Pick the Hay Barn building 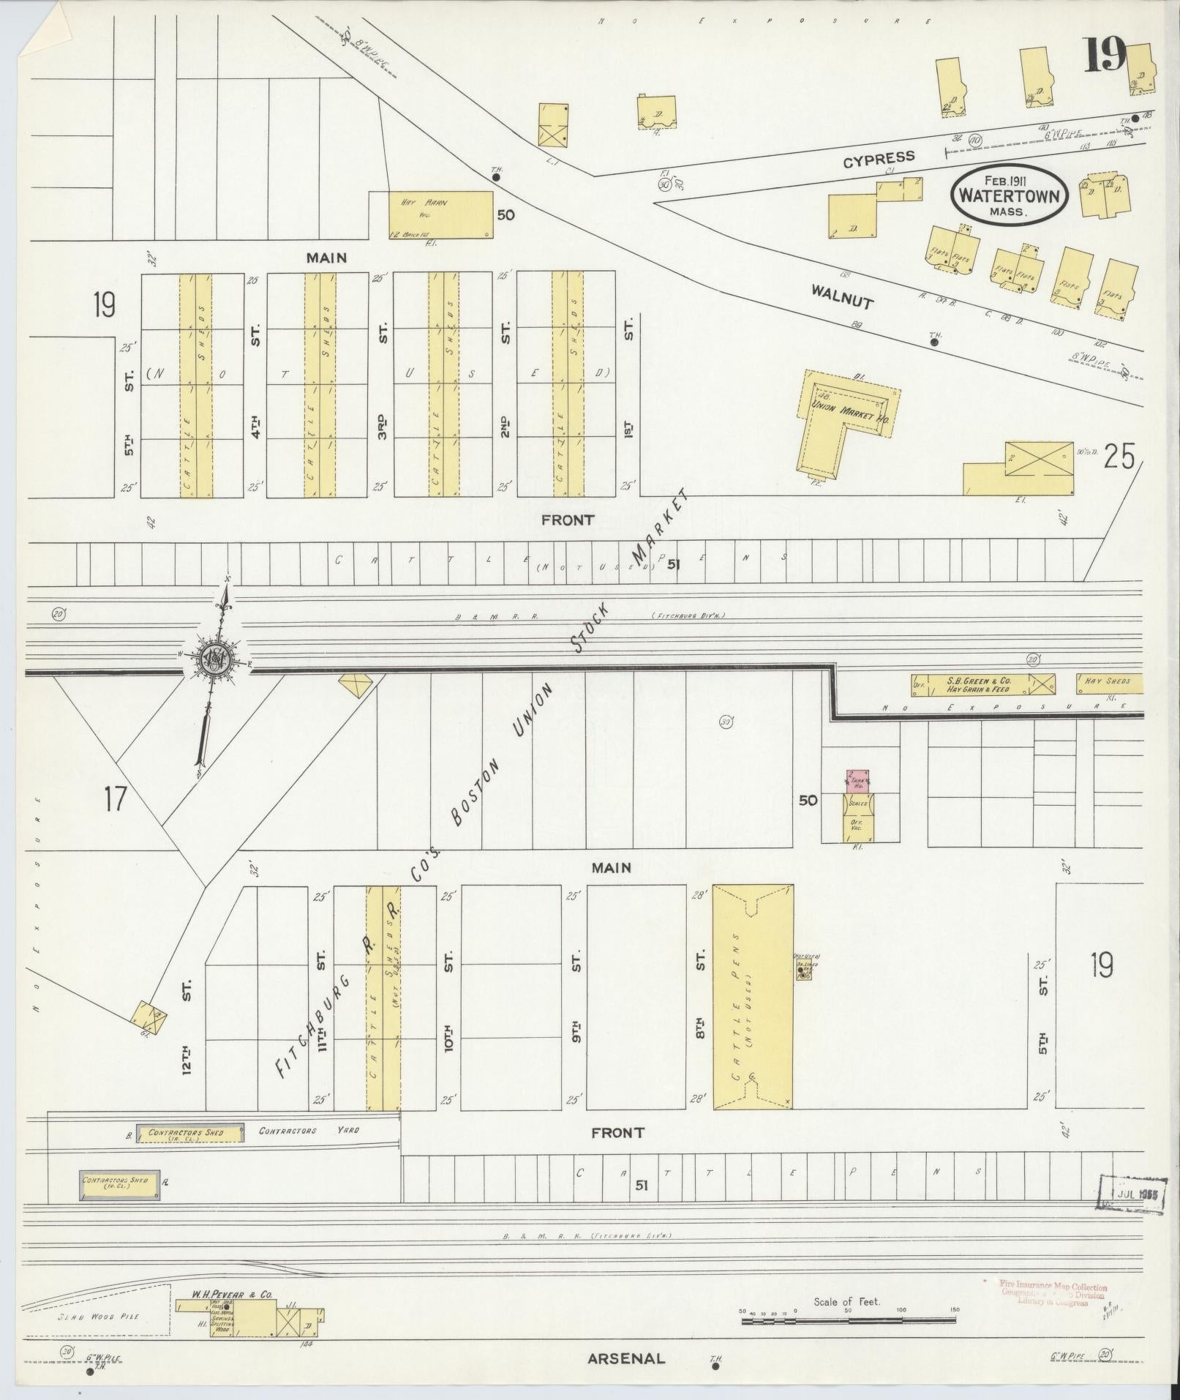[440, 214]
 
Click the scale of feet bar [849, 1321]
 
